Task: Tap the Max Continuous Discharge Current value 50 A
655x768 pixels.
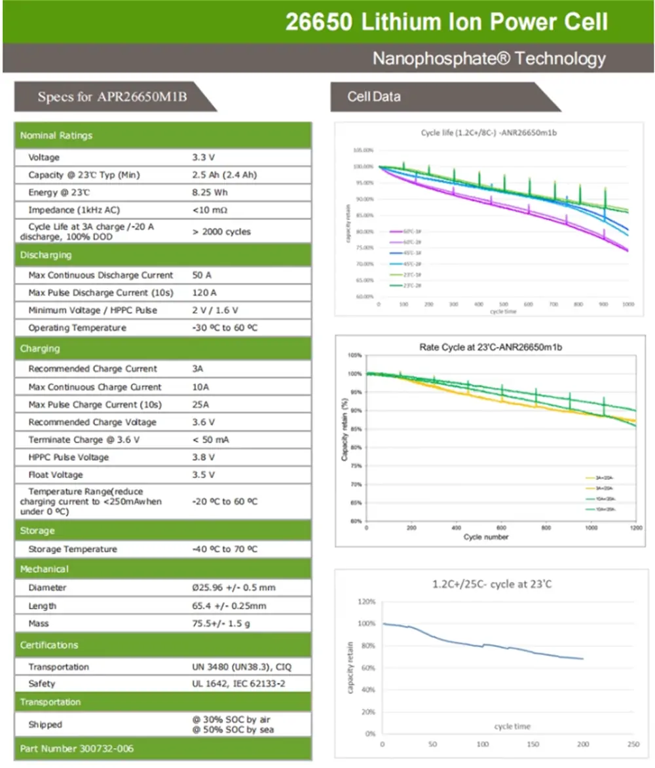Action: (x=202, y=276)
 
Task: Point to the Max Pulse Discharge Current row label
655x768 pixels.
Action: (x=101, y=293)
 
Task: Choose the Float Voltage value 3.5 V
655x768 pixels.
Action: (x=203, y=475)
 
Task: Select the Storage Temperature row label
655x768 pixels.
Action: (x=73, y=549)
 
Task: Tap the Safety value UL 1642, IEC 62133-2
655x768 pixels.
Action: (x=238, y=684)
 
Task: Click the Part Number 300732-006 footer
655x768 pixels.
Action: (x=77, y=748)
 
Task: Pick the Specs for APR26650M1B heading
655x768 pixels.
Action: (x=112, y=98)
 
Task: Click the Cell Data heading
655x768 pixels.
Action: (x=374, y=97)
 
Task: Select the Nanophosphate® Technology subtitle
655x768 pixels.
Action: (x=489, y=59)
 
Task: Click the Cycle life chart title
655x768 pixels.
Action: (x=489, y=133)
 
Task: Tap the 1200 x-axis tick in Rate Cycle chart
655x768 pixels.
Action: (x=635, y=528)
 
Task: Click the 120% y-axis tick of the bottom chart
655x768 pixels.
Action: (x=367, y=602)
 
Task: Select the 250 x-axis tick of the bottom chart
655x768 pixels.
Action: (x=633, y=744)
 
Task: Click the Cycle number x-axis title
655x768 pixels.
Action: (x=486, y=537)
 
